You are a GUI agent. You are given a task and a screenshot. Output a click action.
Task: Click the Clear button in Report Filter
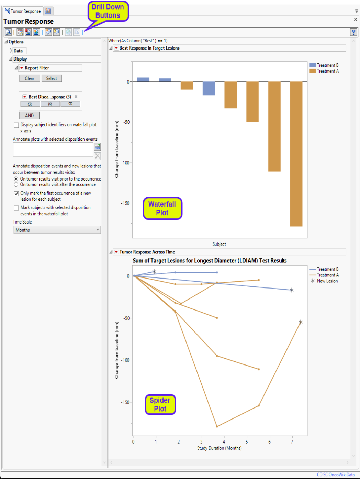30,78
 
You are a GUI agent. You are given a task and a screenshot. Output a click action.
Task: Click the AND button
29,116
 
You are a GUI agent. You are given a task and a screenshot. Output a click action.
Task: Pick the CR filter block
30,104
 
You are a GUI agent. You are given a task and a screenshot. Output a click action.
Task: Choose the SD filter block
70,104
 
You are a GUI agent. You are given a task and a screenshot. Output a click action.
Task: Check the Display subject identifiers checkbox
16,125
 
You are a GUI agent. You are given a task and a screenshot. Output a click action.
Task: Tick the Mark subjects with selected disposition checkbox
16,208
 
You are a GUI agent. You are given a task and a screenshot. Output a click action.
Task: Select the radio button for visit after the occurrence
16,185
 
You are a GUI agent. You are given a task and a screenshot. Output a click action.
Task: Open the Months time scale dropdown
57,230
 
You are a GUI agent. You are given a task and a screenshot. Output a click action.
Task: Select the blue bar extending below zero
209,88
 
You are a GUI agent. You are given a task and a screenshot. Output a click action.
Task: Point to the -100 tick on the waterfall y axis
126,163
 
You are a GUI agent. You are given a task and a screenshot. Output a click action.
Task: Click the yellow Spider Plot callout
160,404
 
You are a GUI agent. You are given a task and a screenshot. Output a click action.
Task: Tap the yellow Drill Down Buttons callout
108,11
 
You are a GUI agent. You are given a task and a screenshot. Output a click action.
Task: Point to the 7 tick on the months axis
292,442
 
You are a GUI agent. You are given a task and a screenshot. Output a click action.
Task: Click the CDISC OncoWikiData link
336,475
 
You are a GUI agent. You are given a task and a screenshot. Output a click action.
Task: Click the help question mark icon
353,32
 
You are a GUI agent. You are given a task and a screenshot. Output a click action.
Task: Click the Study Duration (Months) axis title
219,448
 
